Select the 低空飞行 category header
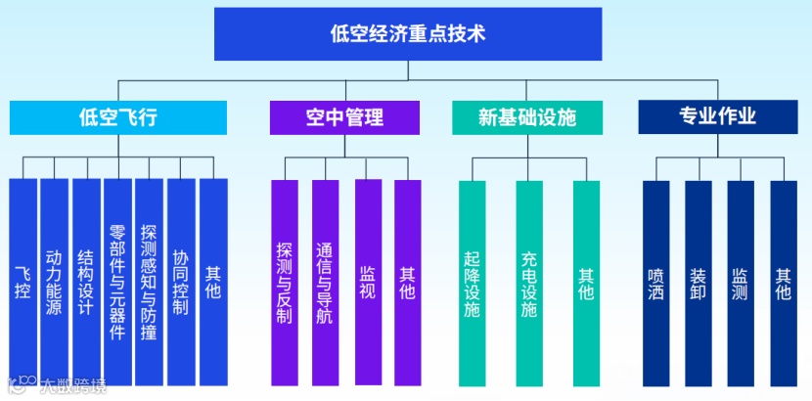118,118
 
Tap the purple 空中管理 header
344,118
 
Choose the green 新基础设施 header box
526,118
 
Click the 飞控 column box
23,282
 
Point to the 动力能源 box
54,282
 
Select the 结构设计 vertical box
85,282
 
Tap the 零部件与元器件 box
117,282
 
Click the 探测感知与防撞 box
149,282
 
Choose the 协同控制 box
180,282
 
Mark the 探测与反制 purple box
284,282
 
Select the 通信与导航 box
325,282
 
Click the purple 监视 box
368,282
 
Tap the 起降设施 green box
472,282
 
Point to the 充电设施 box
529,282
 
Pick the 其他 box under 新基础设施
586,282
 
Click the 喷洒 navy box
655,282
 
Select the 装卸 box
698,282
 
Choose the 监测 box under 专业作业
741,282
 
